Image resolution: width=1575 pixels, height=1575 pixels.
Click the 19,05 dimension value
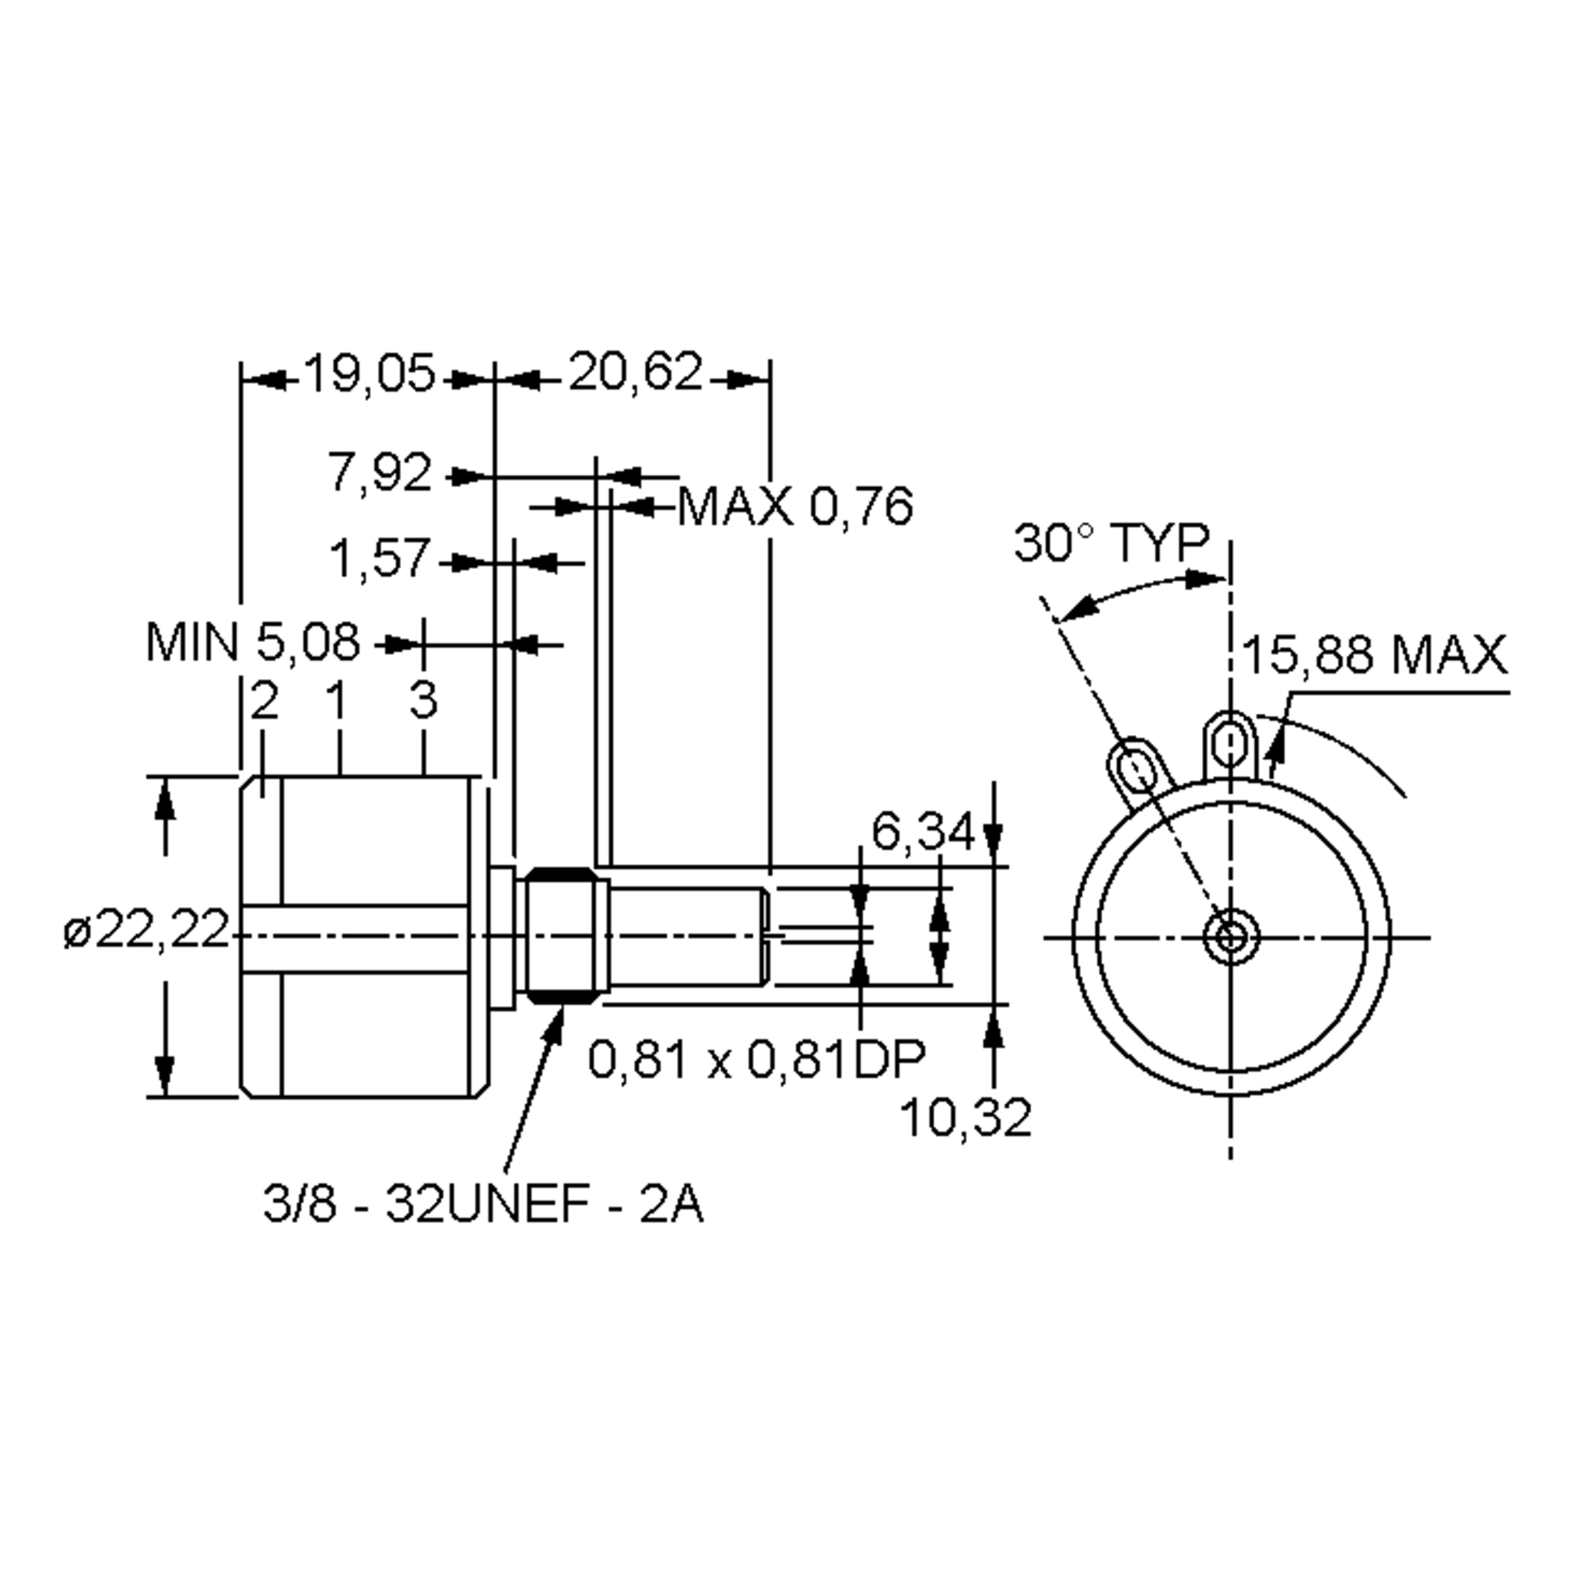coord(369,374)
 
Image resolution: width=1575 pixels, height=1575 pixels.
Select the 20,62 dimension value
coord(634,373)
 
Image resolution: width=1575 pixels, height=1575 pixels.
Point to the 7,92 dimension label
coord(379,472)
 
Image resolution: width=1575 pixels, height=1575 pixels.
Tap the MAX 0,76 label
coord(795,507)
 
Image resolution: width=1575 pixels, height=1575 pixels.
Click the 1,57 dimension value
coord(379,559)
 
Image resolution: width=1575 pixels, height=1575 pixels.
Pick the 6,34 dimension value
coord(922,832)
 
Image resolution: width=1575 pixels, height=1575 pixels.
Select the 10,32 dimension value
coord(965,1117)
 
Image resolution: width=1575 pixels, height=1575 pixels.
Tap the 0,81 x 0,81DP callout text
coord(757,1060)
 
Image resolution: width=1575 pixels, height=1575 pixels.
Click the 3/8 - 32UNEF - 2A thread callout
coord(482,1205)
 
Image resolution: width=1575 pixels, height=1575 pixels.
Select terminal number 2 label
coord(265,700)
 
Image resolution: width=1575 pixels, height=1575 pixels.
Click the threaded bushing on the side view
coord(562,935)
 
